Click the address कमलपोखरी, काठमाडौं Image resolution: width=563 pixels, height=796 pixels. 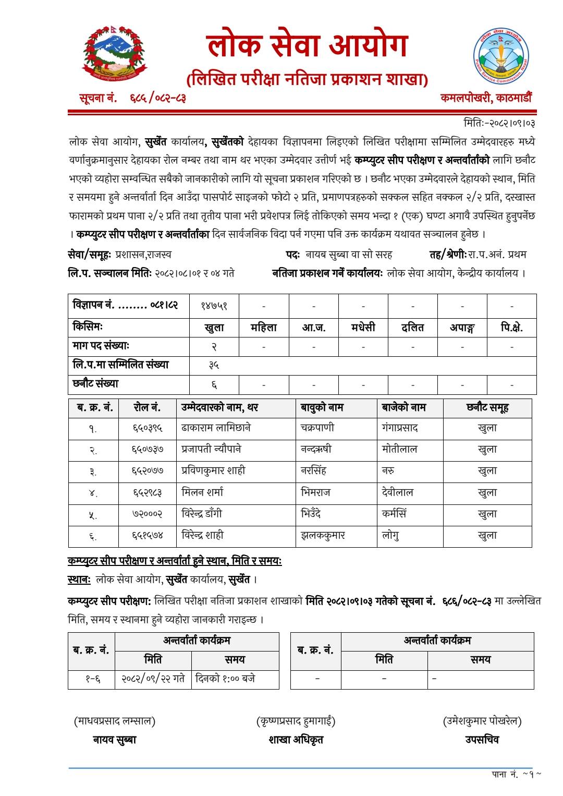pyautogui.click(x=486, y=98)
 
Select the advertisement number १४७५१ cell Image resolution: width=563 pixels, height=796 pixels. pyautogui.click(x=214, y=306)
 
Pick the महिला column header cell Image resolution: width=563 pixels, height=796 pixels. pyautogui.click(x=264, y=328)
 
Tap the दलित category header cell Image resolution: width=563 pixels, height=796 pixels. pyautogui.click(x=412, y=328)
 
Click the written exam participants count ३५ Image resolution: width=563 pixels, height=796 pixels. pyautogui.click(x=214, y=366)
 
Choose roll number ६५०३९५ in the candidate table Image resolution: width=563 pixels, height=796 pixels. pyautogui.click(x=147, y=428)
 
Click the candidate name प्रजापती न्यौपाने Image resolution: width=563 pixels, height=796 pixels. pyautogui.click(x=211, y=449)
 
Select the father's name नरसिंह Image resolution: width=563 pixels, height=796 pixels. pyautogui.click(x=314, y=471)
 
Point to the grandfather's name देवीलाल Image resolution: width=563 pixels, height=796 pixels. pyautogui.click(x=397, y=492)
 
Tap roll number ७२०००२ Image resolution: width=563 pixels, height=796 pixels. pyautogui.click(x=147, y=514)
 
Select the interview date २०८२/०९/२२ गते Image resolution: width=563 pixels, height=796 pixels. pyautogui.click(x=153, y=679)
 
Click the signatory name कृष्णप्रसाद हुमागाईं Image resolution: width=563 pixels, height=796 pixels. pyautogui.click(x=296, y=721)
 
